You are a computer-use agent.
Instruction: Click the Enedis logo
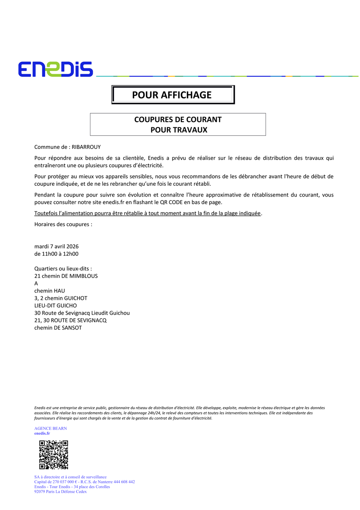click(55, 69)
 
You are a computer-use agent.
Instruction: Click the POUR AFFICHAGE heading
click(172, 95)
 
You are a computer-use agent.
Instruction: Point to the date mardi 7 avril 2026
click(56, 246)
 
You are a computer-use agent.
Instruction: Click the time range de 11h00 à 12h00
click(56, 254)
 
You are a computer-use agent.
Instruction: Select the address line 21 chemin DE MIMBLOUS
click(66, 276)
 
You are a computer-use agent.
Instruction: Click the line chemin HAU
click(50, 291)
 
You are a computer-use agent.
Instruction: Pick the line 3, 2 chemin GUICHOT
click(61, 298)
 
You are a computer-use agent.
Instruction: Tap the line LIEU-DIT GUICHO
click(56, 305)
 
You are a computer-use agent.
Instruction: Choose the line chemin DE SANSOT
click(58, 328)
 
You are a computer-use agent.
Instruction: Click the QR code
click(54, 455)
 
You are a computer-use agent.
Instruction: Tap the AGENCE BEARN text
click(50, 428)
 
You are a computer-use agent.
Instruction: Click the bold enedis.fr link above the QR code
click(42, 433)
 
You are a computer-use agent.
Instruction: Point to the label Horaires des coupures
click(63, 224)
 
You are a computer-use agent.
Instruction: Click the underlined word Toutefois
click(46, 213)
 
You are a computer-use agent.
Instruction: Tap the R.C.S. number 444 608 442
click(124, 482)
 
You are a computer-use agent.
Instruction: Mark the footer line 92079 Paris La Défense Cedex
click(60, 492)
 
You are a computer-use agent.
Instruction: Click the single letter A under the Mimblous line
click(36, 283)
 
